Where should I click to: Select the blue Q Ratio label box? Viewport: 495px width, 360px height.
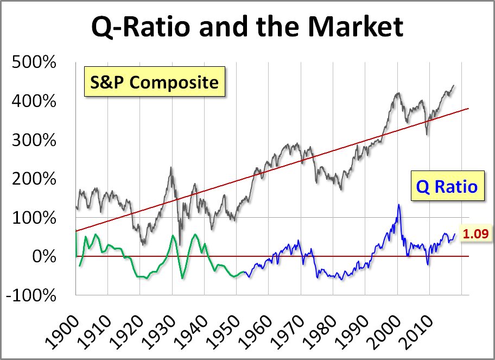(446, 187)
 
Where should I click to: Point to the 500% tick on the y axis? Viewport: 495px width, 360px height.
(34, 62)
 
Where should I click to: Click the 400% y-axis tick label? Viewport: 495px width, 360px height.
(34, 102)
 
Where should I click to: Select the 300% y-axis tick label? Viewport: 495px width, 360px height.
(34, 141)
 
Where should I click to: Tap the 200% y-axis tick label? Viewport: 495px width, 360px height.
(34, 179)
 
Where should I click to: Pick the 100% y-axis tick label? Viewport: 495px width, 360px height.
(34, 218)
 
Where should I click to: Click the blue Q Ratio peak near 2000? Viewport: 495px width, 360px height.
(398, 205)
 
